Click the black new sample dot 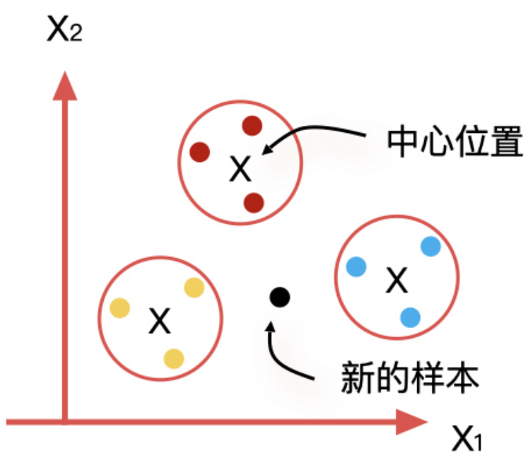point(280,298)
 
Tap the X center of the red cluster point(240,168)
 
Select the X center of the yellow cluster point(160,320)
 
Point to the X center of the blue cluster point(396,279)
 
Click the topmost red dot point(252,126)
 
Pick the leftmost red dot point(200,151)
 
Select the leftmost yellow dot point(120,307)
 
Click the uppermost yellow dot point(193,287)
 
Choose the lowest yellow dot point(174,358)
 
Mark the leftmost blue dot point(357,266)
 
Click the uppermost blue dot point(430,246)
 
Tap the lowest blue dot point(410,317)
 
